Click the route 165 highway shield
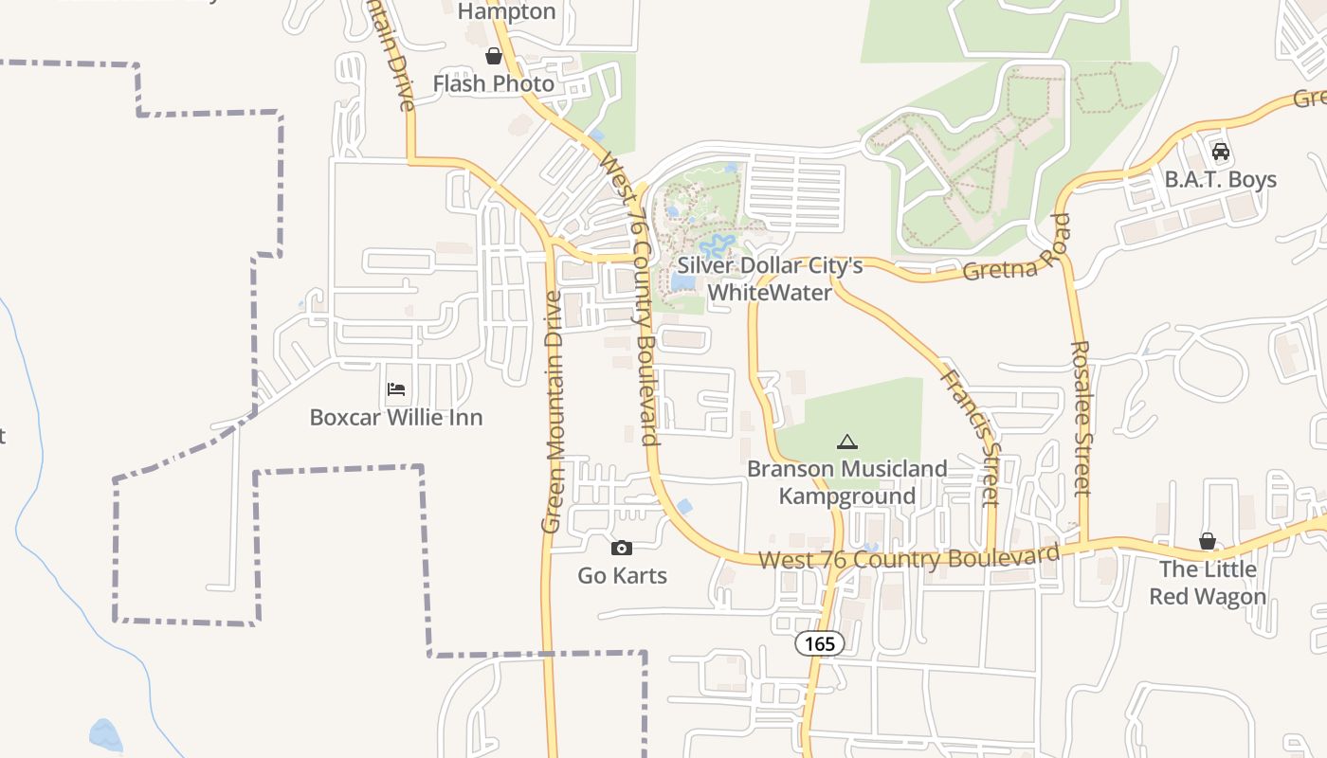tap(819, 644)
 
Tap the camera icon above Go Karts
tap(622, 548)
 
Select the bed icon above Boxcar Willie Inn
tap(396, 388)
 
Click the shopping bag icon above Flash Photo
tap(493, 56)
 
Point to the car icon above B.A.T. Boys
tap(1221, 151)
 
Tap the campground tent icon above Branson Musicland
tap(846, 442)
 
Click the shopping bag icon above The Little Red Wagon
tap(1207, 541)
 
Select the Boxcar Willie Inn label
tap(396, 417)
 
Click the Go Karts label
tap(623, 575)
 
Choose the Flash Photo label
tap(493, 83)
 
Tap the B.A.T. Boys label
tap(1221, 179)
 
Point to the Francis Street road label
tap(971, 436)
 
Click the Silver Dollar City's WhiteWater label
tap(770, 279)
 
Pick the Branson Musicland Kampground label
tap(846, 482)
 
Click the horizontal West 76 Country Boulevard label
tap(908, 557)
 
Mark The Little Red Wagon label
tap(1208, 583)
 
